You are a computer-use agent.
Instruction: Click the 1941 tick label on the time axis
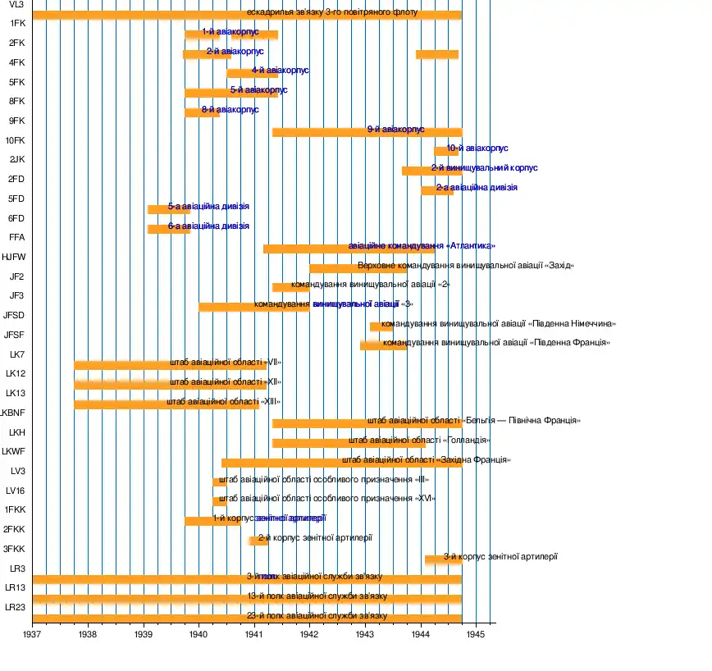(253, 633)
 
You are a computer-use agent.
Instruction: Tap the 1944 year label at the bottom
(420, 633)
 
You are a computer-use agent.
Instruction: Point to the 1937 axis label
(32, 633)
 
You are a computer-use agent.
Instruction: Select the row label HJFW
(13, 257)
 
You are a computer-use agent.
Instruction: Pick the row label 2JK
(16, 159)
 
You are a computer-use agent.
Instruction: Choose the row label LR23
(16, 607)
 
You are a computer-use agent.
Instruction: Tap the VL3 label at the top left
(16, 5)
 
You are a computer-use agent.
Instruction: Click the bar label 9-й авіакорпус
(395, 130)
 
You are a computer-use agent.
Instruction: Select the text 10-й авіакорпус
(477, 148)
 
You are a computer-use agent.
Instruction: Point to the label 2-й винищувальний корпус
(484, 168)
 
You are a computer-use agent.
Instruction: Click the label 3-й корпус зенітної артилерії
(500, 557)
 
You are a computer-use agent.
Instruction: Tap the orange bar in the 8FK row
(202, 112)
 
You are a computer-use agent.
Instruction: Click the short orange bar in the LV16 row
(220, 500)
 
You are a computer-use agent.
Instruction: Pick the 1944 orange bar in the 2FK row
(436, 54)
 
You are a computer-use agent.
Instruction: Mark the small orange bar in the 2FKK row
(258, 540)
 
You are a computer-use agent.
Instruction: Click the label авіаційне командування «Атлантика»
(422, 246)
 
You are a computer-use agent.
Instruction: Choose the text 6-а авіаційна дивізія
(208, 226)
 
